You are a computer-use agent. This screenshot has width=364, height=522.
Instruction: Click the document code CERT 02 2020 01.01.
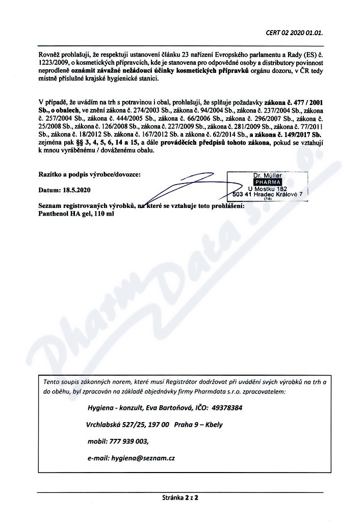(295, 33)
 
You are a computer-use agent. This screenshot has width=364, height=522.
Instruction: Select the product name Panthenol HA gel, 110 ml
(76, 215)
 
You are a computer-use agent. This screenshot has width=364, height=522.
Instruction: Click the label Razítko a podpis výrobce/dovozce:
(89, 174)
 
